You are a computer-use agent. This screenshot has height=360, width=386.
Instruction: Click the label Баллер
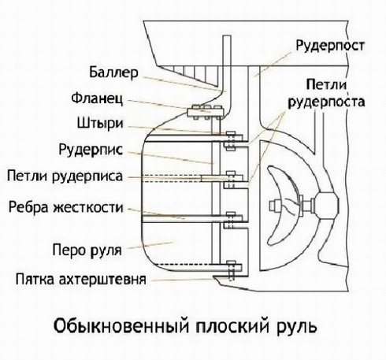[113, 72]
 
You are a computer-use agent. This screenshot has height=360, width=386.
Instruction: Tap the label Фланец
[97, 98]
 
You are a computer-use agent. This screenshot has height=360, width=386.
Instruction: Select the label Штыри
[100, 123]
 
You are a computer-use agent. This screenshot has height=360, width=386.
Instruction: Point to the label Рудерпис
[91, 150]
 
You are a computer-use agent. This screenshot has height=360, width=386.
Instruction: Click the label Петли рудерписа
[65, 176]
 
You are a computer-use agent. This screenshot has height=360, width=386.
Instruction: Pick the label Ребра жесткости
[66, 207]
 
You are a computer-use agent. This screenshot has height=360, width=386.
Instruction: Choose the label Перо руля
[87, 250]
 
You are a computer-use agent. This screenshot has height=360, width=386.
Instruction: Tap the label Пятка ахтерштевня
[81, 279]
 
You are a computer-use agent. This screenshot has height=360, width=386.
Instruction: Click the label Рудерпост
[330, 46]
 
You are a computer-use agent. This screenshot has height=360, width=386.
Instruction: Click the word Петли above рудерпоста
[326, 85]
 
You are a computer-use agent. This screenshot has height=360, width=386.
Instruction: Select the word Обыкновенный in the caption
[121, 326]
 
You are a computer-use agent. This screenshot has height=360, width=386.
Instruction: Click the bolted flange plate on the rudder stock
[206, 113]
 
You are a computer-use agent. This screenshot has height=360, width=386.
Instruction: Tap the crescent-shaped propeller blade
[284, 205]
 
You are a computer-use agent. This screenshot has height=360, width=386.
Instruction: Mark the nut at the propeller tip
[274, 205]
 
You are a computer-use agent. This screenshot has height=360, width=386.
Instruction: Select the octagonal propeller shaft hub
[326, 205]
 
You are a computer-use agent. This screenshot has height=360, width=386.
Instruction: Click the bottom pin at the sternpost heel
[231, 271]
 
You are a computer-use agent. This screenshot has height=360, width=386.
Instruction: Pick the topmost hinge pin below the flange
[230, 140]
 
